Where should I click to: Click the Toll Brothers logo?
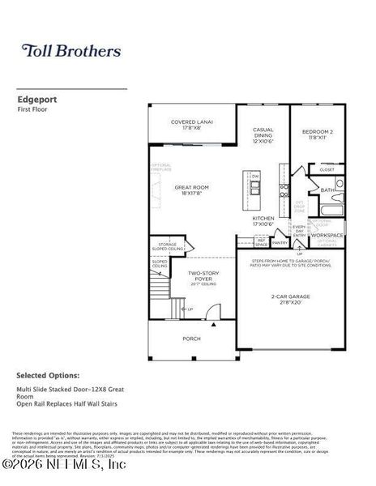click(x=70, y=51)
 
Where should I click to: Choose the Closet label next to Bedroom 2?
click(x=327, y=169)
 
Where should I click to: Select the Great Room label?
click(x=191, y=190)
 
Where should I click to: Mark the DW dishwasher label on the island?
click(x=255, y=176)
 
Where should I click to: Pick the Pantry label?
click(x=280, y=242)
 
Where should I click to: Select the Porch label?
click(x=191, y=339)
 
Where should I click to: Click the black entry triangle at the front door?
click(x=213, y=323)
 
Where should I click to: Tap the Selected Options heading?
click(x=48, y=376)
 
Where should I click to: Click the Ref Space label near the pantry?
click(x=261, y=241)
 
